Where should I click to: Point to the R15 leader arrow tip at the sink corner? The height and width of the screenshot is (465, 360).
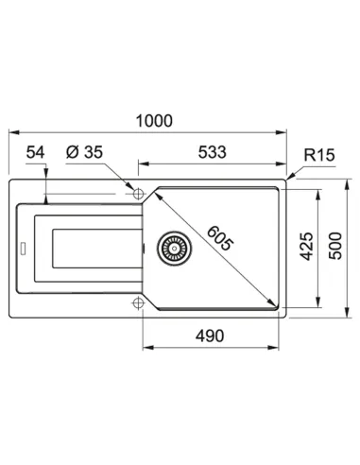pyautogui.click(x=291, y=179)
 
